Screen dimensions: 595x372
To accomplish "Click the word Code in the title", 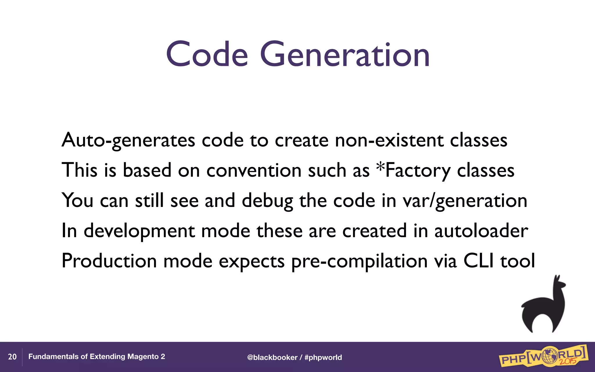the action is point(207,54).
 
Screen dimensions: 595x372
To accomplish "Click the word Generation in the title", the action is point(345,54).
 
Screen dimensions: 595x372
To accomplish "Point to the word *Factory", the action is point(413,171).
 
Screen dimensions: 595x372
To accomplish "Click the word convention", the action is point(254,171).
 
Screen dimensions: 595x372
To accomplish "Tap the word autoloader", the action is point(481,231).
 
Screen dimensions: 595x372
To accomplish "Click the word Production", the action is point(109,261).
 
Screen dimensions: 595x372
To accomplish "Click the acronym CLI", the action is point(478,261).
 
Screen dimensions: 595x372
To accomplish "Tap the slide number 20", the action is point(12,357).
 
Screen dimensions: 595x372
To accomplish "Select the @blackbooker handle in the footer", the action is point(272,357).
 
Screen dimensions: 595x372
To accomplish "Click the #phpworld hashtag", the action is point(323,357).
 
